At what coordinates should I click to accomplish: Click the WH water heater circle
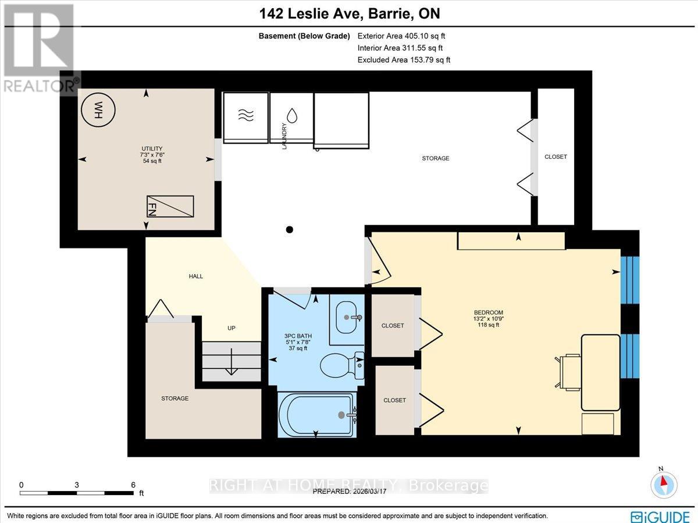[x=98, y=108]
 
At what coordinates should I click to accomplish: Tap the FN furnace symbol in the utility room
[x=170, y=206]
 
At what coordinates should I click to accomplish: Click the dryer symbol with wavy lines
[x=245, y=115]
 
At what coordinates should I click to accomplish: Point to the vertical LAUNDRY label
[x=284, y=136]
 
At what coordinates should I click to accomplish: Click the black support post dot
[x=290, y=229]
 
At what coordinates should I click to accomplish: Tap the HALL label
[x=196, y=276]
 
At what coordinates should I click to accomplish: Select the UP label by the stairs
[x=231, y=328]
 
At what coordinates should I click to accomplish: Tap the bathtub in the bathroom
[x=316, y=414]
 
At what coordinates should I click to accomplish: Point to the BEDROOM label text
[x=488, y=312]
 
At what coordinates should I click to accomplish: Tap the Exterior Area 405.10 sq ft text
[x=404, y=35]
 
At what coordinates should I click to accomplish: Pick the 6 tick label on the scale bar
[x=133, y=485]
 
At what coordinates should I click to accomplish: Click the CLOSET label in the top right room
[x=555, y=157]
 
